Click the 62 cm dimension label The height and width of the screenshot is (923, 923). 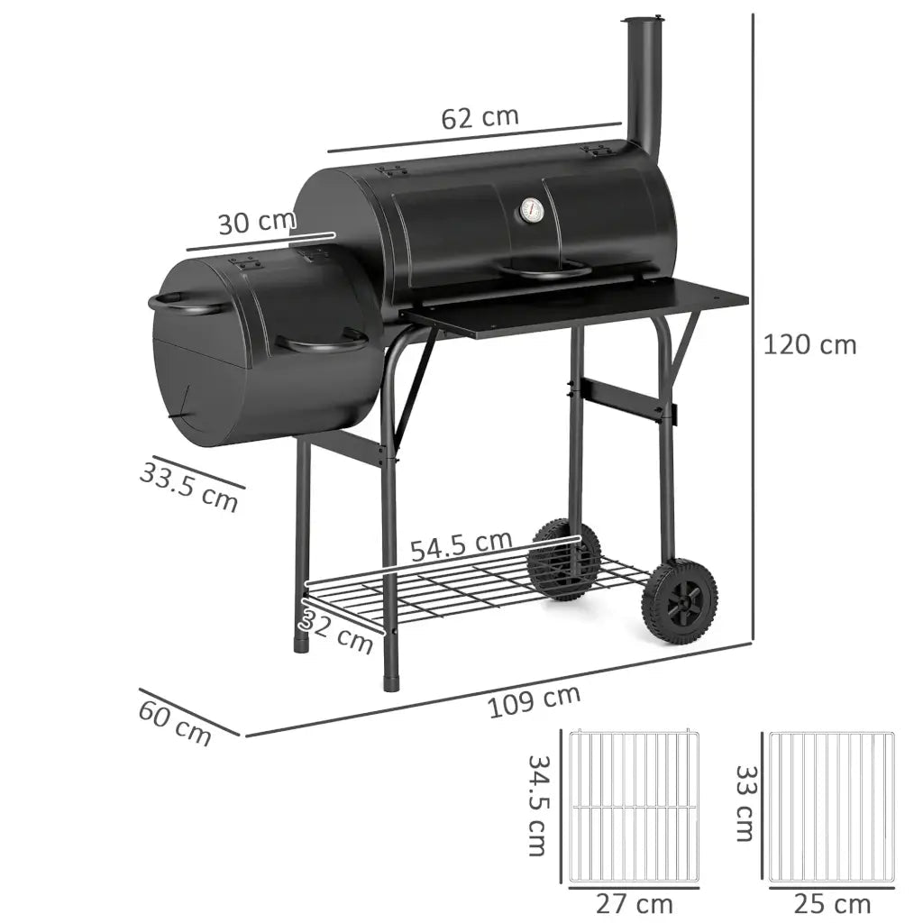coord(480,117)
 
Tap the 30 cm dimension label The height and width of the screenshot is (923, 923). coord(257,222)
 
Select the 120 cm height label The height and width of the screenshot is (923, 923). coord(809,344)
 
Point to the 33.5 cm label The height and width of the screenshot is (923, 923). coord(189,486)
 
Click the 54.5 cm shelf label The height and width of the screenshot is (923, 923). coord(461,544)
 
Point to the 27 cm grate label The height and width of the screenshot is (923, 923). coord(635,903)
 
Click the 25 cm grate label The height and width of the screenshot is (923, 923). coord(832,903)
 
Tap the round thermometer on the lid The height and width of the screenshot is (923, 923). coord(530,212)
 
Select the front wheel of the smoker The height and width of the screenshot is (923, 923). coord(680,600)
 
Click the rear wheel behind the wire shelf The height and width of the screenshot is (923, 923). coord(563,559)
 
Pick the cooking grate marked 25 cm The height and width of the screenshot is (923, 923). coord(832,807)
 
